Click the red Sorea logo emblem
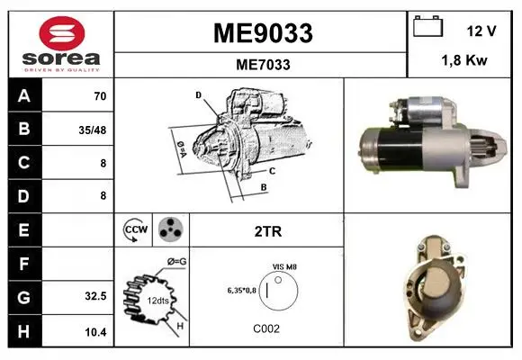pyautogui.click(x=62, y=33)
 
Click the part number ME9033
pyautogui.click(x=263, y=33)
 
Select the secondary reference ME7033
pyautogui.click(x=263, y=65)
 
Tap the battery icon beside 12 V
pyautogui.click(x=427, y=26)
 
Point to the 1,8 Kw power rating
pyautogui.click(x=464, y=60)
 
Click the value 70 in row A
pyautogui.click(x=100, y=96)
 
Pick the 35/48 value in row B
pyautogui.click(x=93, y=130)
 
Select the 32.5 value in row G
pyautogui.click(x=95, y=296)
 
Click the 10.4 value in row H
pyautogui.click(x=95, y=332)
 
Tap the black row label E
pyautogui.click(x=25, y=229)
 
